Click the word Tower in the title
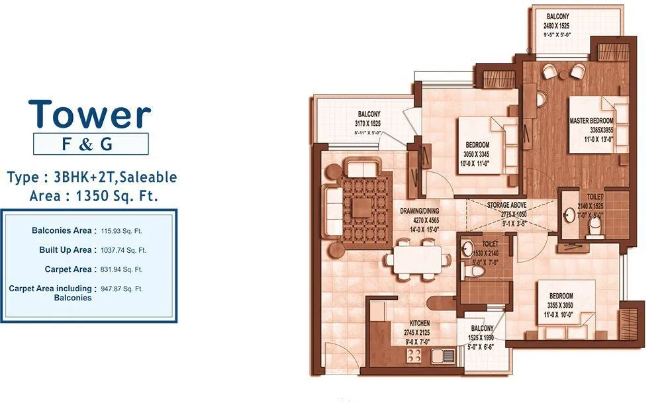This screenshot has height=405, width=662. pos(90,114)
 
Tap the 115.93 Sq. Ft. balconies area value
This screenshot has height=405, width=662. pos(122,231)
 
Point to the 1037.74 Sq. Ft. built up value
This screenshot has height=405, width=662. pos(123,250)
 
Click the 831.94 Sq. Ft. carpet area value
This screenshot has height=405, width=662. pos(122,269)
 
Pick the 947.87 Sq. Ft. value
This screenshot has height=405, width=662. pos(122,289)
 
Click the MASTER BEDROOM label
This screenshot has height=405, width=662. pos(591,121)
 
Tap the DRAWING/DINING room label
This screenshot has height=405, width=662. pos(419,210)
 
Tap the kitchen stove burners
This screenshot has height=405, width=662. pos(414,356)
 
